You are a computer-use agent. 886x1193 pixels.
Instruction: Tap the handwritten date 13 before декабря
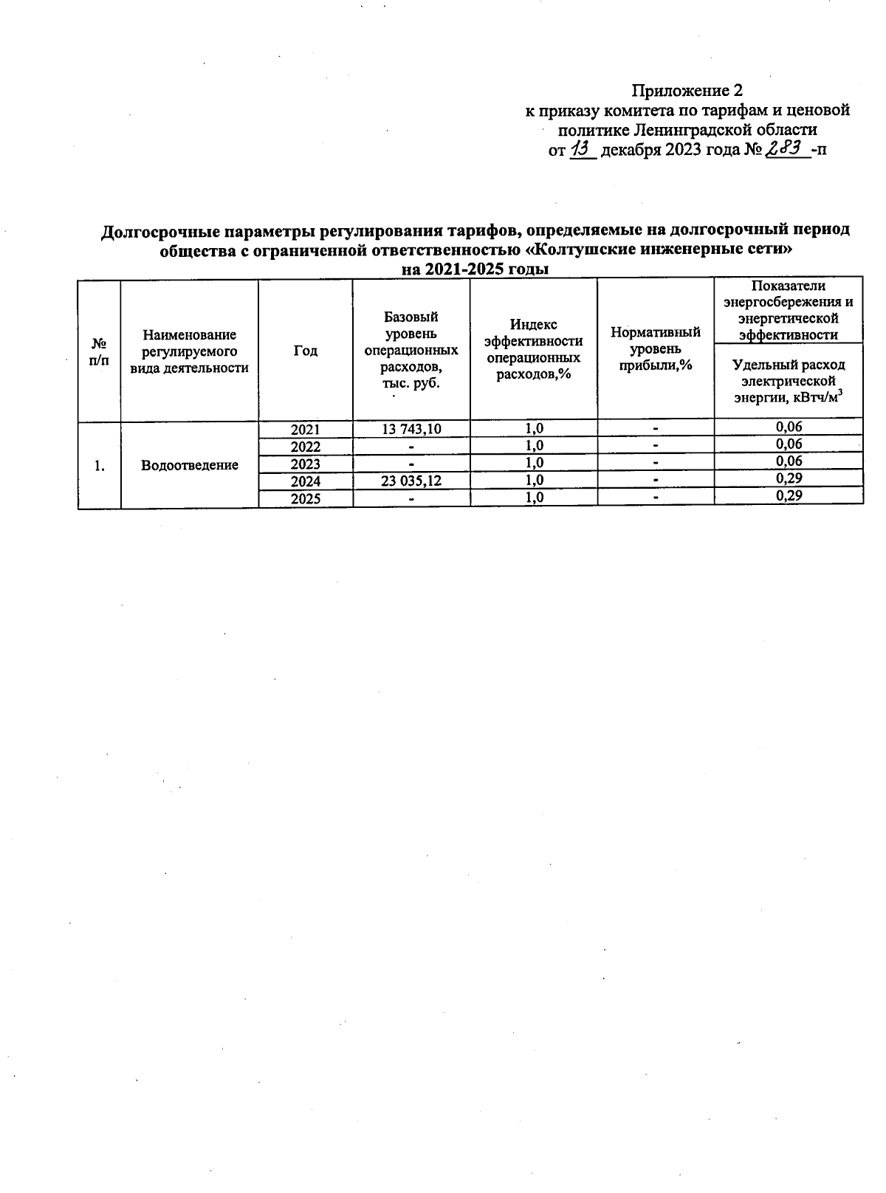tap(583, 150)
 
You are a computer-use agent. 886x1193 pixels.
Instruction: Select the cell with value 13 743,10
tap(411, 429)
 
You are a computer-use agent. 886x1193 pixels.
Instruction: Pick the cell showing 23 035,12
tap(411, 481)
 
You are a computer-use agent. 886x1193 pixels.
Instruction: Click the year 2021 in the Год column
tap(306, 429)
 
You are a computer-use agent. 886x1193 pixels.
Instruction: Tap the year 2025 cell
tap(306, 498)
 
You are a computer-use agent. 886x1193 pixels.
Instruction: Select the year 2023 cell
tap(306, 464)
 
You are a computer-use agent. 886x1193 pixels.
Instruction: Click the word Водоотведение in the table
tap(190, 465)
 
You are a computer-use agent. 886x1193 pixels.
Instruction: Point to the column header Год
tap(306, 351)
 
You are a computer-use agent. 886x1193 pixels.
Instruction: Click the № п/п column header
tap(99, 351)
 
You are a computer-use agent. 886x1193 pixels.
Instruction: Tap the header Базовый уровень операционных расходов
tap(411, 350)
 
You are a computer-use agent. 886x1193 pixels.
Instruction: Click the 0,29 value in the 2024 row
tap(789, 478)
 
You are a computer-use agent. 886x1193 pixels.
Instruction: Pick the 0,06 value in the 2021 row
tap(789, 427)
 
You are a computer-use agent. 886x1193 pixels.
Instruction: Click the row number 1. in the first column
tap(99, 465)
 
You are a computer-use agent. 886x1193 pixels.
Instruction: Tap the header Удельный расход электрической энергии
tap(789, 381)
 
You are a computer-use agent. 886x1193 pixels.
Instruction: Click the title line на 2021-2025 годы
tap(475, 269)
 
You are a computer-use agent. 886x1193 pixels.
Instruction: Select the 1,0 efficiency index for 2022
tap(534, 446)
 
